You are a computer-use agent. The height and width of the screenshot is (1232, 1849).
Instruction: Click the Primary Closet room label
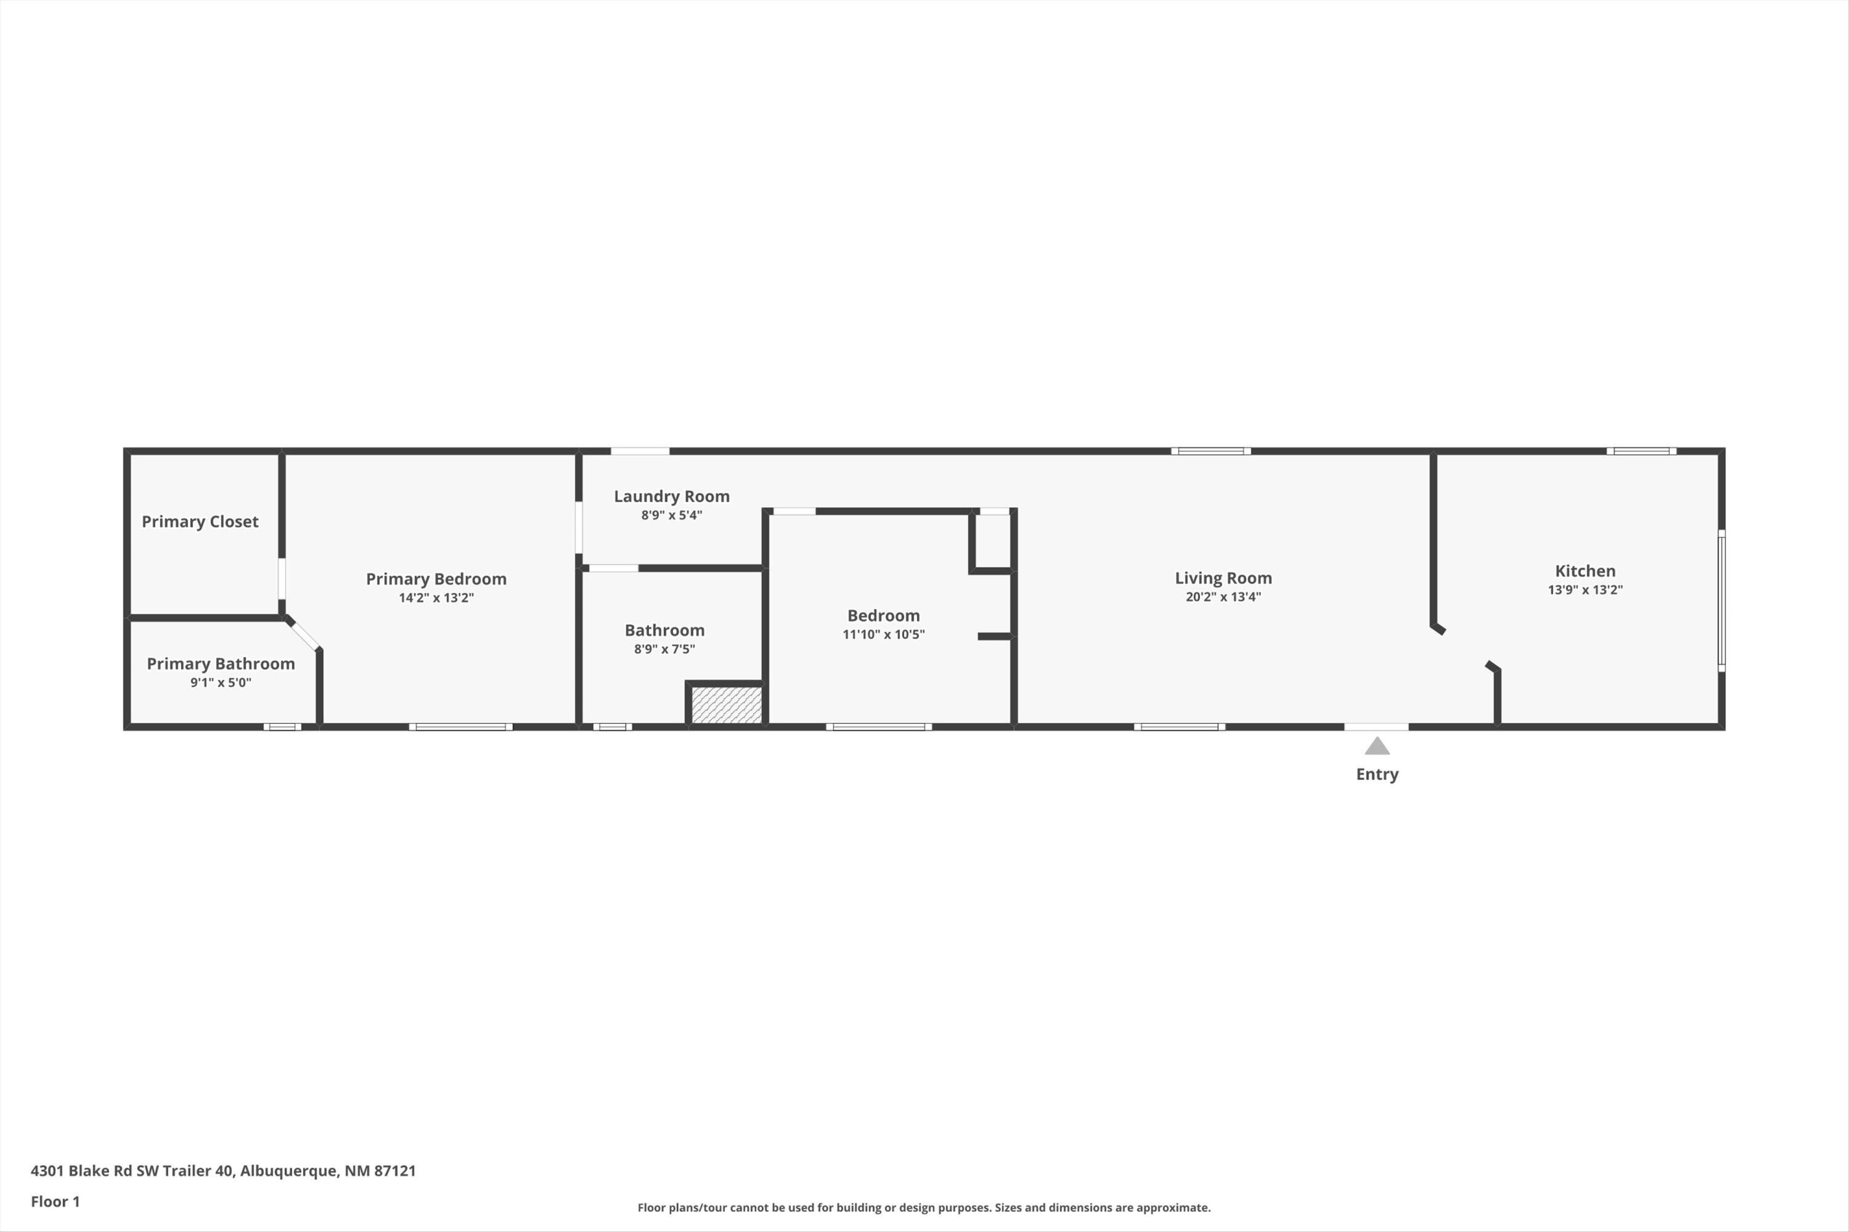[x=200, y=522]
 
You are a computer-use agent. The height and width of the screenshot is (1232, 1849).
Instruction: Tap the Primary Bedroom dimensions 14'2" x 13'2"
[x=436, y=598]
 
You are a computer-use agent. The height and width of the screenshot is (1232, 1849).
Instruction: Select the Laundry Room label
[x=671, y=496]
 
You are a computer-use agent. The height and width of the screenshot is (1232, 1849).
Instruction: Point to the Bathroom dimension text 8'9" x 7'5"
[x=664, y=649]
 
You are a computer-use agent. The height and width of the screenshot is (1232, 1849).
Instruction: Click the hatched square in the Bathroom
[x=727, y=705]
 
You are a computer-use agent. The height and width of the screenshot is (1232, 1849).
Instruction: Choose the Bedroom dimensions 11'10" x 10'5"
[x=884, y=634]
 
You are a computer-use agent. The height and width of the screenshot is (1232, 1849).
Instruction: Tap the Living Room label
[x=1223, y=578]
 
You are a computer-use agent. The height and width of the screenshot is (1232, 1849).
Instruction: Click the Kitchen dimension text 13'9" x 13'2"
[x=1585, y=590]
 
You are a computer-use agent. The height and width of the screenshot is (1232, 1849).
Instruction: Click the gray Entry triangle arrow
[x=1376, y=745]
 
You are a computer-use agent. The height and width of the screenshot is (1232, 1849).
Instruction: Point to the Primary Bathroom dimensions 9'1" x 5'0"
[x=221, y=683]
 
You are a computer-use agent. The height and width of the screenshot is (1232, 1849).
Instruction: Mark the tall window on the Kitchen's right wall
[x=1721, y=600]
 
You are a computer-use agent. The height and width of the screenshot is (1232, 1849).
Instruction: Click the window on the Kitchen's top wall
[x=1641, y=451]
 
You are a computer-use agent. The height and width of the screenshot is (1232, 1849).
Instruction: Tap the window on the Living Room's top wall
[x=1210, y=451]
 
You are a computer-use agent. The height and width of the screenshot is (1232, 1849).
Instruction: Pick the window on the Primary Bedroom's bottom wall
[x=460, y=727]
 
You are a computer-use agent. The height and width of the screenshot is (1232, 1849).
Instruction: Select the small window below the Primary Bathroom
[x=282, y=727]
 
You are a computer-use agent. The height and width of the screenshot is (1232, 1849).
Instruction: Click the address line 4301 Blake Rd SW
[x=223, y=1171]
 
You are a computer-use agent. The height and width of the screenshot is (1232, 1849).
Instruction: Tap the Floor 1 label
[x=55, y=1201]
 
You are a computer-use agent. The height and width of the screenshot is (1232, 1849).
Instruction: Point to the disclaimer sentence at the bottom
[x=924, y=1207]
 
